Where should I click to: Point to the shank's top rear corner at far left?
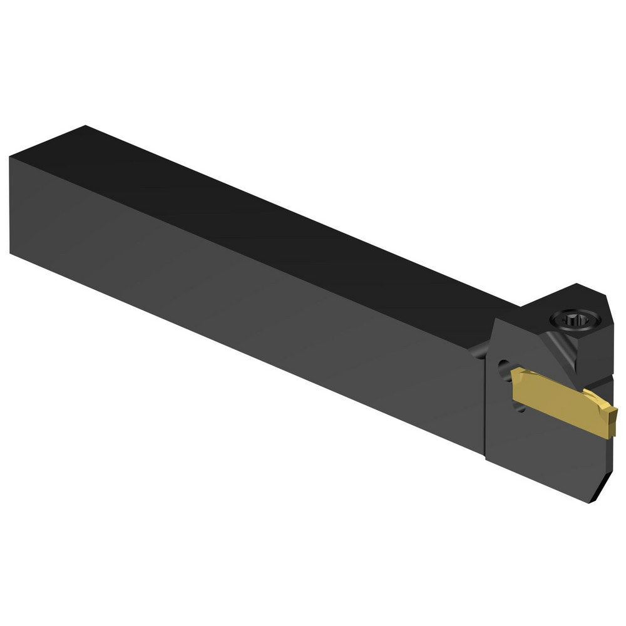pos(85,127)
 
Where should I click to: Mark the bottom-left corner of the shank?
pos(11,252)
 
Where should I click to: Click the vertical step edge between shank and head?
pos(486,407)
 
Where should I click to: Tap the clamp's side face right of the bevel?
pos(596,360)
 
